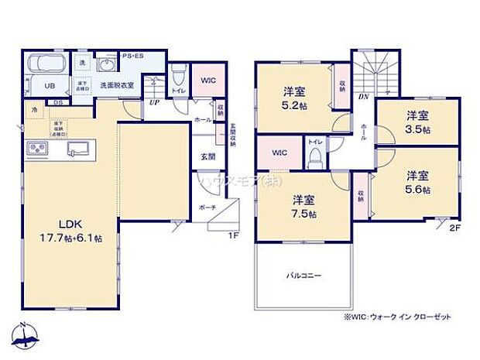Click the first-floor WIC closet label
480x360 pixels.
point(207,79)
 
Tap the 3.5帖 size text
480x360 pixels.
point(419,130)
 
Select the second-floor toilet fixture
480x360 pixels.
point(315,156)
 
